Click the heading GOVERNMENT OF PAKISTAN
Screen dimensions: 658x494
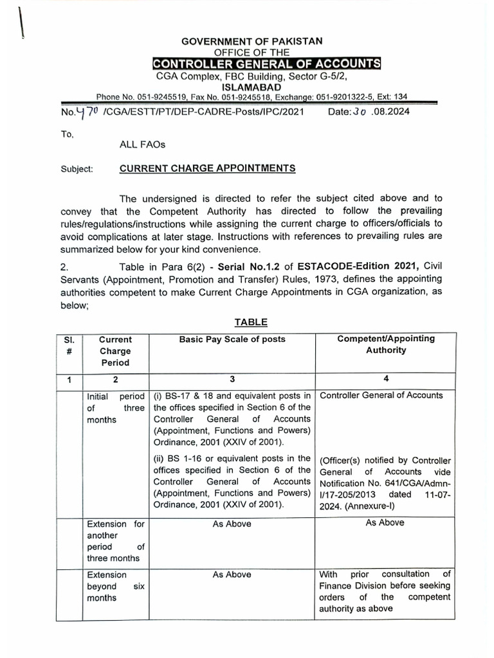pyautogui.click(x=252, y=41)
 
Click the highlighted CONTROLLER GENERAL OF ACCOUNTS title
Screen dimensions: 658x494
pyautogui.click(x=266, y=64)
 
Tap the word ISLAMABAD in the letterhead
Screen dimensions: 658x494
pyautogui.click(x=251, y=86)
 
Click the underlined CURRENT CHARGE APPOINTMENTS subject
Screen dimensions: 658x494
pyautogui.click(x=208, y=168)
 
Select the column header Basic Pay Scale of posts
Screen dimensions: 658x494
pyautogui.click(x=232, y=339)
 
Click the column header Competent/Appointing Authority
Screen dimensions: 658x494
pyautogui.click(x=386, y=344)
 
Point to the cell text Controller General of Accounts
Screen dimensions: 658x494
pyautogui.click(x=381, y=396)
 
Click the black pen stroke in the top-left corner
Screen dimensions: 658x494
pyautogui.click(x=19, y=22)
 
